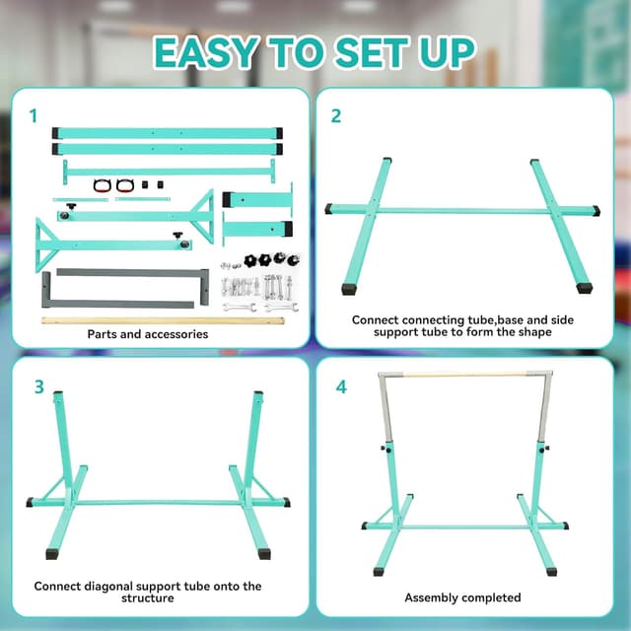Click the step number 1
tap(34, 116)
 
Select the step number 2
tap(335, 116)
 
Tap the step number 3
tap(39, 386)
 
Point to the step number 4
tap(341, 386)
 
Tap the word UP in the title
tap(447, 52)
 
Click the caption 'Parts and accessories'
tap(148, 334)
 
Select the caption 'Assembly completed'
tap(462, 597)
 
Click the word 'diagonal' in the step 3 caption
tap(107, 587)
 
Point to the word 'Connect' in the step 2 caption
tap(376, 319)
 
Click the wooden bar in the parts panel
tap(163, 320)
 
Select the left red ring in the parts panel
tap(101, 185)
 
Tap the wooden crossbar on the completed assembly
tap(464, 375)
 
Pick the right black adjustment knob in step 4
tap(544, 449)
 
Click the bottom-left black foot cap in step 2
tap(349, 289)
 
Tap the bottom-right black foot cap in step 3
tap(264, 554)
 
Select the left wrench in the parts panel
tap(240, 308)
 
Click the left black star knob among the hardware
tap(250, 260)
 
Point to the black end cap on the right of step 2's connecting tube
tap(596, 210)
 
